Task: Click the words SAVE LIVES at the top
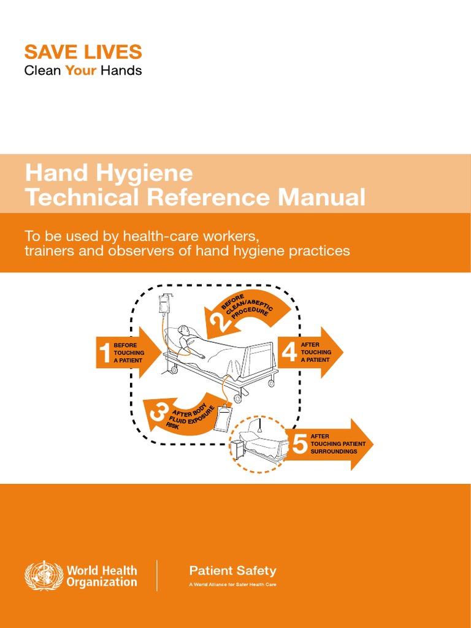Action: [x=83, y=52]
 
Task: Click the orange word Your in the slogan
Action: [x=81, y=71]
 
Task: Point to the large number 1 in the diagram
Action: [x=104, y=353]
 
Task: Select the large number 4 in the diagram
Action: [x=289, y=351]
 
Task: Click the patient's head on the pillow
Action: [x=183, y=331]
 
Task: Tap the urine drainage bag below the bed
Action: [x=224, y=418]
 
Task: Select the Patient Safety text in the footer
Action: [x=232, y=571]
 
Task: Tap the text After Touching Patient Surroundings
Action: [x=338, y=443]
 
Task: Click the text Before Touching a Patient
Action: [x=129, y=353]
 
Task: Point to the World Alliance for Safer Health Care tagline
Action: [x=232, y=584]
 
